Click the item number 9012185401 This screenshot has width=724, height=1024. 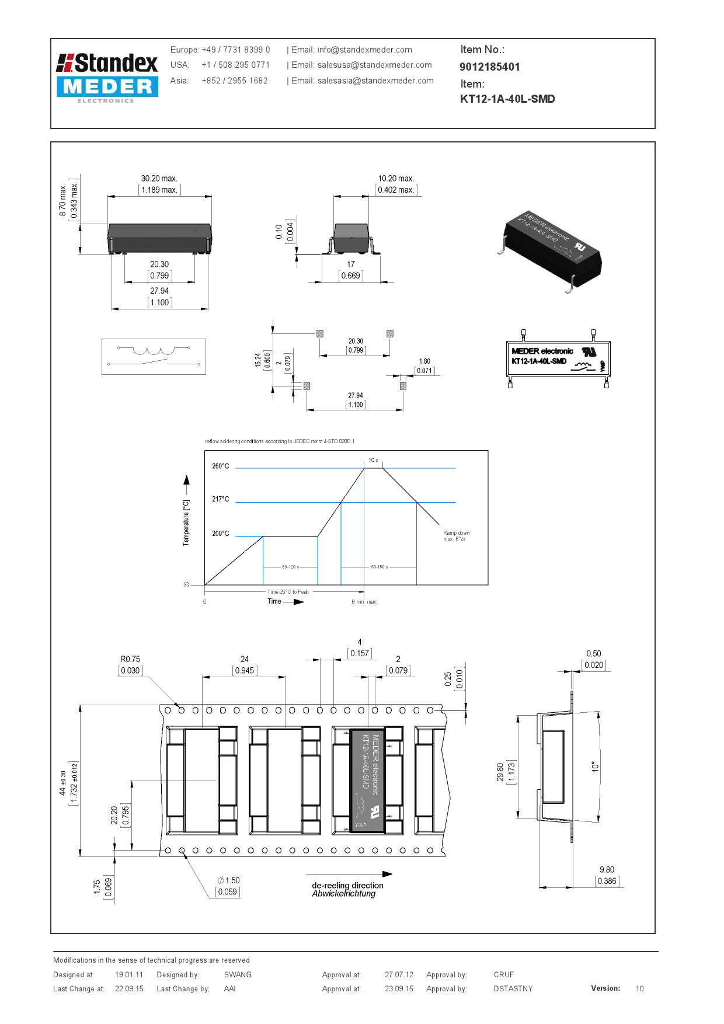tap(489, 67)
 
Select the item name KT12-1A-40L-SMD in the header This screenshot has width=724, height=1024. tap(507, 99)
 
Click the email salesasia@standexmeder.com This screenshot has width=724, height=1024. tap(375, 81)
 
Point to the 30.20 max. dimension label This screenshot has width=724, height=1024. tap(159, 179)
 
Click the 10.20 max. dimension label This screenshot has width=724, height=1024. tap(396, 179)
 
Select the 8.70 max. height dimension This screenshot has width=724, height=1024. tap(63, 200)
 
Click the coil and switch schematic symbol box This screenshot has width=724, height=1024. tap(154, 356)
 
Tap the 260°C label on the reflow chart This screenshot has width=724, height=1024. tap(221, 466)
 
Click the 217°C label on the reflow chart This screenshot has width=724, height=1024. tap(221, 499)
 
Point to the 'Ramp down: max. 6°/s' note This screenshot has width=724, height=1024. tap(457, 536)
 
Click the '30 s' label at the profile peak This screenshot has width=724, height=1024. tap(373, 461)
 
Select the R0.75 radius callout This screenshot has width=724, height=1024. tap(130, 659)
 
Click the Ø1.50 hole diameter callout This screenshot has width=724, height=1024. tap(229, 880)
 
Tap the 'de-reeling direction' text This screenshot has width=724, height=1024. tap(347, 885)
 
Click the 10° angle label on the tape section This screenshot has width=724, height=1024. tap(595, 767)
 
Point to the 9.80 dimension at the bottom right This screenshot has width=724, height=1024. tap(607, 870)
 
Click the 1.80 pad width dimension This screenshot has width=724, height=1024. tap(424, 361)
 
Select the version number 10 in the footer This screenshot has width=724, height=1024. tap(639, 988)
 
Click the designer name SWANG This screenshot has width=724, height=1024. tap(238, 974)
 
